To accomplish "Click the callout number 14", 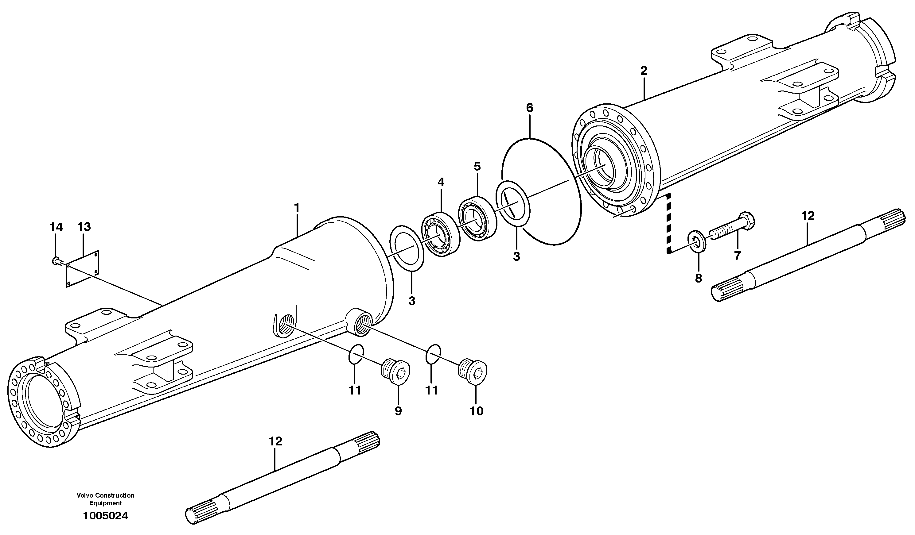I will pyautogui.click(x=56, y=227).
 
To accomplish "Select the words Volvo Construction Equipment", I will pyautogui.click(x=105, y=499).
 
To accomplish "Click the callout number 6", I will pyautogui.click(x=529, y=108).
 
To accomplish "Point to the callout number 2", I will pyautogui.click(x=644, y=71).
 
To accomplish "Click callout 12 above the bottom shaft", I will pyautogui.click(x=276, y=441).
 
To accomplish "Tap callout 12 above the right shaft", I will pyautogui.click(x=808, y=216).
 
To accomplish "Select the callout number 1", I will pyautogui.click(x=297, y=208).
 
